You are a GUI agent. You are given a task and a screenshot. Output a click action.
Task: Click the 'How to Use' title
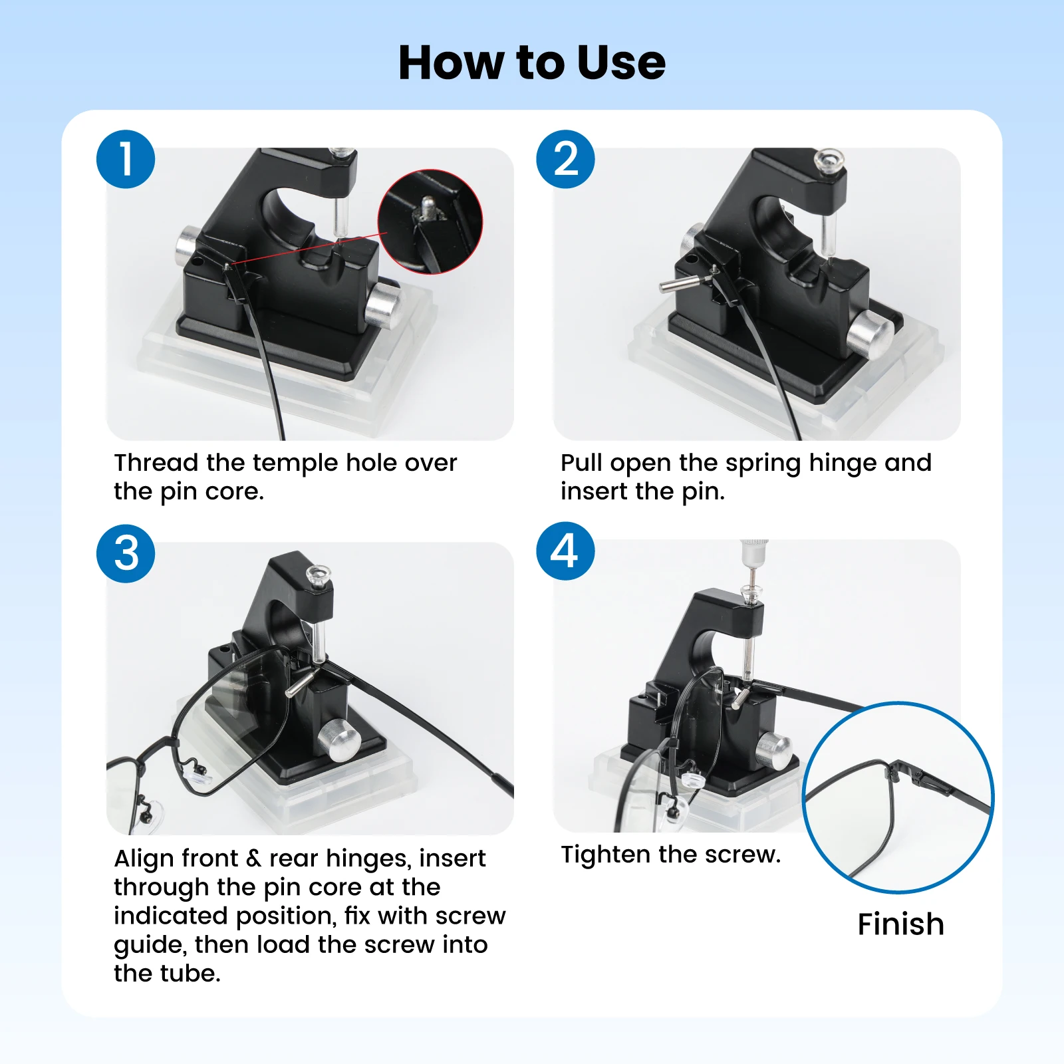(x=532, y=63)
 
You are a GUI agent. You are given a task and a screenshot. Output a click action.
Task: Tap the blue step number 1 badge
(x=126, y=159)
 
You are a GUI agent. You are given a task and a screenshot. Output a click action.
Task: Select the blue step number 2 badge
(x=566, y=159)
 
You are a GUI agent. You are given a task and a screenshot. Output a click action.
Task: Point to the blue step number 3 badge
(x=126, y=553)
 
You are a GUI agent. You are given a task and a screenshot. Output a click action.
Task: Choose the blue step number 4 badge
(x=566, y=551)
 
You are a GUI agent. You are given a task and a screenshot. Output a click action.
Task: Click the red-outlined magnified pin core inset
(x=430, y=221)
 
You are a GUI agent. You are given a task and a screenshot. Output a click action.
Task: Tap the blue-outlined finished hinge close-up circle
(x=898, y=797)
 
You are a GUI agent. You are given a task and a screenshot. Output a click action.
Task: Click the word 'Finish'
(x=901, y=924)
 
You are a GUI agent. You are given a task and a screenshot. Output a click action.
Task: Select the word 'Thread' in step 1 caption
(x=156, y=462)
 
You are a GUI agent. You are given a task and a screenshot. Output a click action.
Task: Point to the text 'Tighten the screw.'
(x=670, y=855)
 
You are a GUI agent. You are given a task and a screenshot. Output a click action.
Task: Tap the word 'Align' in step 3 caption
(x=143, y=859)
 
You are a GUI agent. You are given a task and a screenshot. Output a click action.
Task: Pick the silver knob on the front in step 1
(x=382, y=305)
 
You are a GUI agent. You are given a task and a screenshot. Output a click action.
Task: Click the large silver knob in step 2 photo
(x=870, y=336)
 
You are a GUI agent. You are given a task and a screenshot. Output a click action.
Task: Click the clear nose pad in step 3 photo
(x=198, y=773)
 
